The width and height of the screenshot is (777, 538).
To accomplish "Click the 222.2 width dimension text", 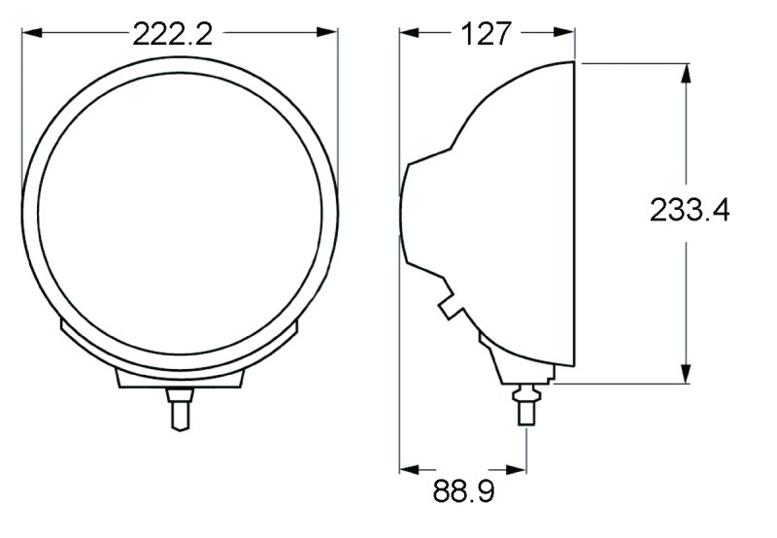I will point(172,34).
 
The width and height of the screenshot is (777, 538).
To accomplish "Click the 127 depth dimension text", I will point(486,34).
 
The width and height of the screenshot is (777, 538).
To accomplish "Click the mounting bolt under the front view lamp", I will point(180,408).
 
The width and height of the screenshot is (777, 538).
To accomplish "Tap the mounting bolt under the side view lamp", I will point(525,404).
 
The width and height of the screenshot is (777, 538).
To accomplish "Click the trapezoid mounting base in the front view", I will point(180,378).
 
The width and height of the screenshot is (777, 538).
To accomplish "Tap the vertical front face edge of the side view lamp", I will point(575,214).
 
